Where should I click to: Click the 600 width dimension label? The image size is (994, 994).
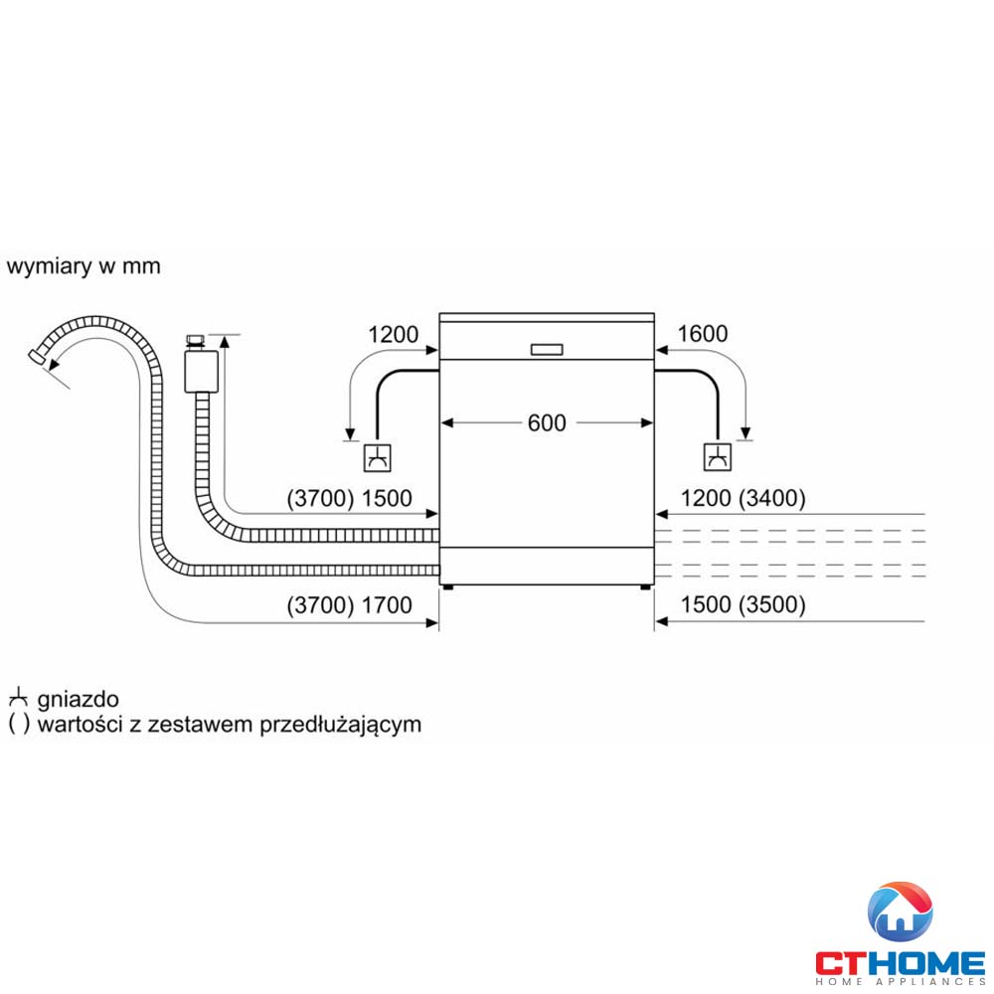click(547, 422)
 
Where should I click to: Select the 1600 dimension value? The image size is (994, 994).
click(703, 334)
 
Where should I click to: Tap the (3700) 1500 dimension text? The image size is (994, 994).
click(349, 499)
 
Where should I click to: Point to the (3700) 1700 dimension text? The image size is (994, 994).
click(349, 604)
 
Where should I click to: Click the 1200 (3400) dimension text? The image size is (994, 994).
click(744, 499)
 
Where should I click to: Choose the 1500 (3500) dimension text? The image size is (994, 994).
click(744, 604)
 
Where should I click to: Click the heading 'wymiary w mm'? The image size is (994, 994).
click(83, 266)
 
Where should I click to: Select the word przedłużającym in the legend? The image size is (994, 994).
click(340, 724)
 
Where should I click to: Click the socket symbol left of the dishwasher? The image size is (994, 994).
click(378, 457)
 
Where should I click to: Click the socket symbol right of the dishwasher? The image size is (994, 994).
click(716, 457)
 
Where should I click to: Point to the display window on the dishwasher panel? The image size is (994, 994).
click(547, 349)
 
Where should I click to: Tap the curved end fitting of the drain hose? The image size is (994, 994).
click(39, 357)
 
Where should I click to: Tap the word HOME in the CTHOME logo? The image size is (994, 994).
click(931, 962)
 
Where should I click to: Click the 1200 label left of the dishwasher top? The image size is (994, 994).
click(394, 334)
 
